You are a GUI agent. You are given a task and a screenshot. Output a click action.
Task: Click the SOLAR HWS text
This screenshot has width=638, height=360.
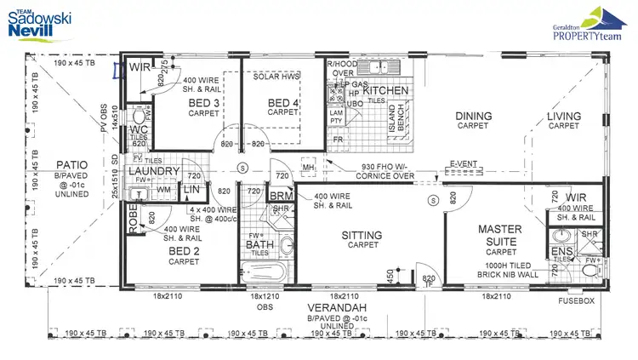point(277,77)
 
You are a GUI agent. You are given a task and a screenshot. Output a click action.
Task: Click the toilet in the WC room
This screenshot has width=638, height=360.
point(137,115)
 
